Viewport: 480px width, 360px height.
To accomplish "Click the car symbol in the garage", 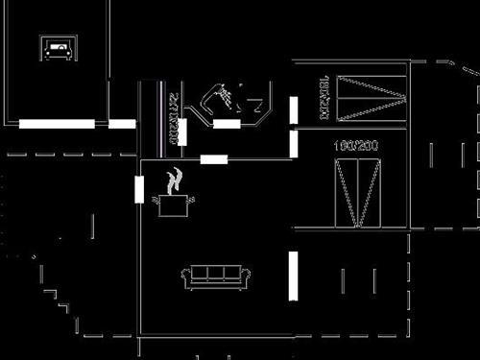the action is pyautogui.click(x=58, y=49).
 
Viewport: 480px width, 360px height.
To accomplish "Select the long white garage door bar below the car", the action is pyautogui.click(x=57, y=123).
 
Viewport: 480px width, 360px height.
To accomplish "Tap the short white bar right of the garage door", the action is pyautogui.click(x=122, y=123).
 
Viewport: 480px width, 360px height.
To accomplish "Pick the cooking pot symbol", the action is pyautogui.click(x=174, y=204).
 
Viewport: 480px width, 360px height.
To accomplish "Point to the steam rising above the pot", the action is pyautogui.click(x=174, y=180).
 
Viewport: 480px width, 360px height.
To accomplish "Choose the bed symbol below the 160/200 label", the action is pyautogui.click(x=357, y=192).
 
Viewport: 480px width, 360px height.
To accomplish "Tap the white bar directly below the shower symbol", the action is pyautogui.click(x=227, y=123).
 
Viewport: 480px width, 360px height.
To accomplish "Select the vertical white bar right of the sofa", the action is pyautogui.click(x=293, y=276).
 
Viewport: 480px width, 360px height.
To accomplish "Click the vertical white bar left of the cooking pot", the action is pyautogui.click(x=139, y=189).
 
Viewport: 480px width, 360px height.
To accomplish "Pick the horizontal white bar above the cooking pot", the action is pyautogui.click(x=214, y=158).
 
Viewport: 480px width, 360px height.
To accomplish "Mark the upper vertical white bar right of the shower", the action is pyautogui.click(x=294, y=110).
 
